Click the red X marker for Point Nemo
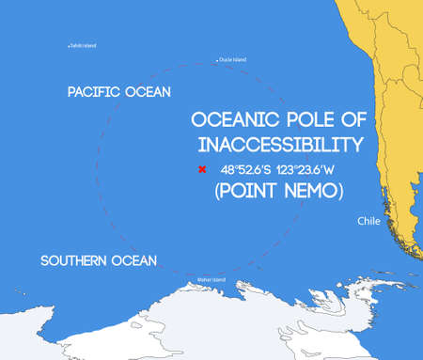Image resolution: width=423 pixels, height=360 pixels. [x=201, y=170]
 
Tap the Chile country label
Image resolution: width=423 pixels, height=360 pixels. [x=369, y=221]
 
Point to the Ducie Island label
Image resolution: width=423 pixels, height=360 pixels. [x=234, y=59]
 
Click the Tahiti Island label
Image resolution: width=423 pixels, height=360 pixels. [x=85, y=44]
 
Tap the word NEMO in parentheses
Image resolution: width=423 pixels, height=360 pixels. [x=311, y=191]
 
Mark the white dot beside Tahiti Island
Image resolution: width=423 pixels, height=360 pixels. [x=69, y=45]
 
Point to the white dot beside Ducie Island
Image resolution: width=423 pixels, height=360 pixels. [x=217, y=60]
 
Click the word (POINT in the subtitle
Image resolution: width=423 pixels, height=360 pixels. [x=246, y=191]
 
